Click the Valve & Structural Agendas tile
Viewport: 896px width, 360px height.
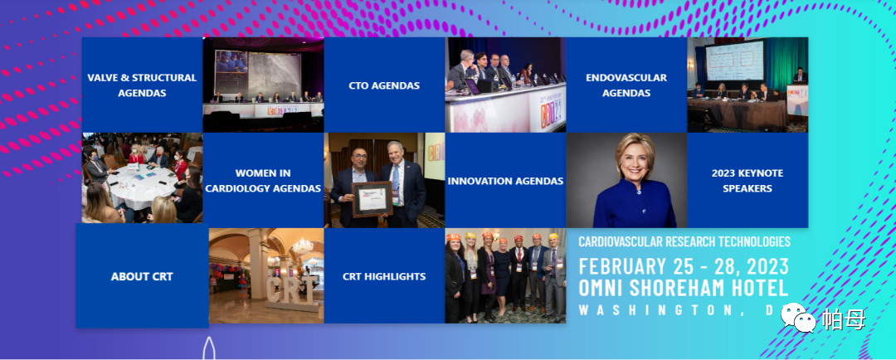143,85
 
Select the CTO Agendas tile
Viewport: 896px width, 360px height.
384,85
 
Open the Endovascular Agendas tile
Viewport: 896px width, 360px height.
626,85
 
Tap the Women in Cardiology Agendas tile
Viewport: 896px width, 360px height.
264,180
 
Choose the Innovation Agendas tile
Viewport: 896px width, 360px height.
506,180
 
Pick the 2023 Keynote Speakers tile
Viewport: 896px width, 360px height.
747,180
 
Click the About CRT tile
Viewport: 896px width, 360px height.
142,275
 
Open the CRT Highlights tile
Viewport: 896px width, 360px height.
384,275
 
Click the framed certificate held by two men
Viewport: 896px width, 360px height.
372,199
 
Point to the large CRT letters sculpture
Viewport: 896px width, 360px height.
292,290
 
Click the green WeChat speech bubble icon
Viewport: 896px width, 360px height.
799,317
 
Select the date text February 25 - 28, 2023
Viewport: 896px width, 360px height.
684,266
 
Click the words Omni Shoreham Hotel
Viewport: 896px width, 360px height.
684,288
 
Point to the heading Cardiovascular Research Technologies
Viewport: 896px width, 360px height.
684,241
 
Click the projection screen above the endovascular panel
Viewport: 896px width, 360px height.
734,61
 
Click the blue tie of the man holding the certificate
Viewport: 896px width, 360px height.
396,182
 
